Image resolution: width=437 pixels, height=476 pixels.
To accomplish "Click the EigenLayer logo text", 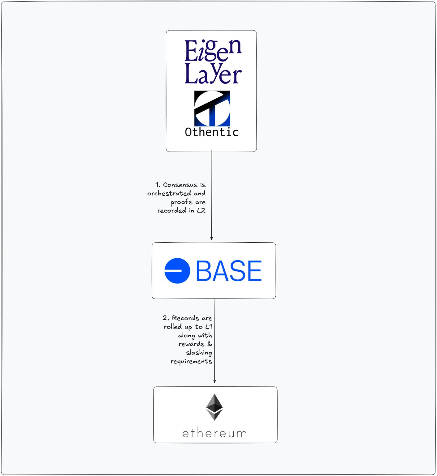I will [x=213, y=62].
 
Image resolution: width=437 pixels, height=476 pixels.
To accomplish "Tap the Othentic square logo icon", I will [x=212, y=108].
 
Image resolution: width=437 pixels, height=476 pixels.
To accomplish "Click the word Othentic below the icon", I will [x=212, y=132].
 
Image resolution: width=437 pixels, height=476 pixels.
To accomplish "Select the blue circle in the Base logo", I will [x=177, y=271].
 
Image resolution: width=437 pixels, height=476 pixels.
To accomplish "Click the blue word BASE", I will [x=229, y=271].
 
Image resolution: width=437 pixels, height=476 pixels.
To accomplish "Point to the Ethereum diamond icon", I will [x=214, y=407].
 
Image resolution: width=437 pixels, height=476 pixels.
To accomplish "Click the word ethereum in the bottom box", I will [x=214, y=433].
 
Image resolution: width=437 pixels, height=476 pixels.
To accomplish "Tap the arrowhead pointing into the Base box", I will [x=211, y=238].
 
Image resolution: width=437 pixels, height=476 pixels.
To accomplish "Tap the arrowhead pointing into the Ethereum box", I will [x=214, y=381].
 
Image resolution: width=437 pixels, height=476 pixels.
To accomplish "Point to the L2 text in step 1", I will [x=201, y=211].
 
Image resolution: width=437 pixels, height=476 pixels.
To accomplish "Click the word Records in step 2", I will [x=185, y=318].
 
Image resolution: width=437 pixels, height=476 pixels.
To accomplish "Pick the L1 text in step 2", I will [x=209, y=327].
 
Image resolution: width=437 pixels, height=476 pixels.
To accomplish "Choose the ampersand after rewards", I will [x=210, y=344].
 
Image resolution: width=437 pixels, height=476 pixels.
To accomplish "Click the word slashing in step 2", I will [x=199, y=353].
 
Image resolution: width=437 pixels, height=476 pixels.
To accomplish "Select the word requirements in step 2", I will [x=191, y=361].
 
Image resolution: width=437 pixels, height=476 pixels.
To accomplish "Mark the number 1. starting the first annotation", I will [x=158, y=185].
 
